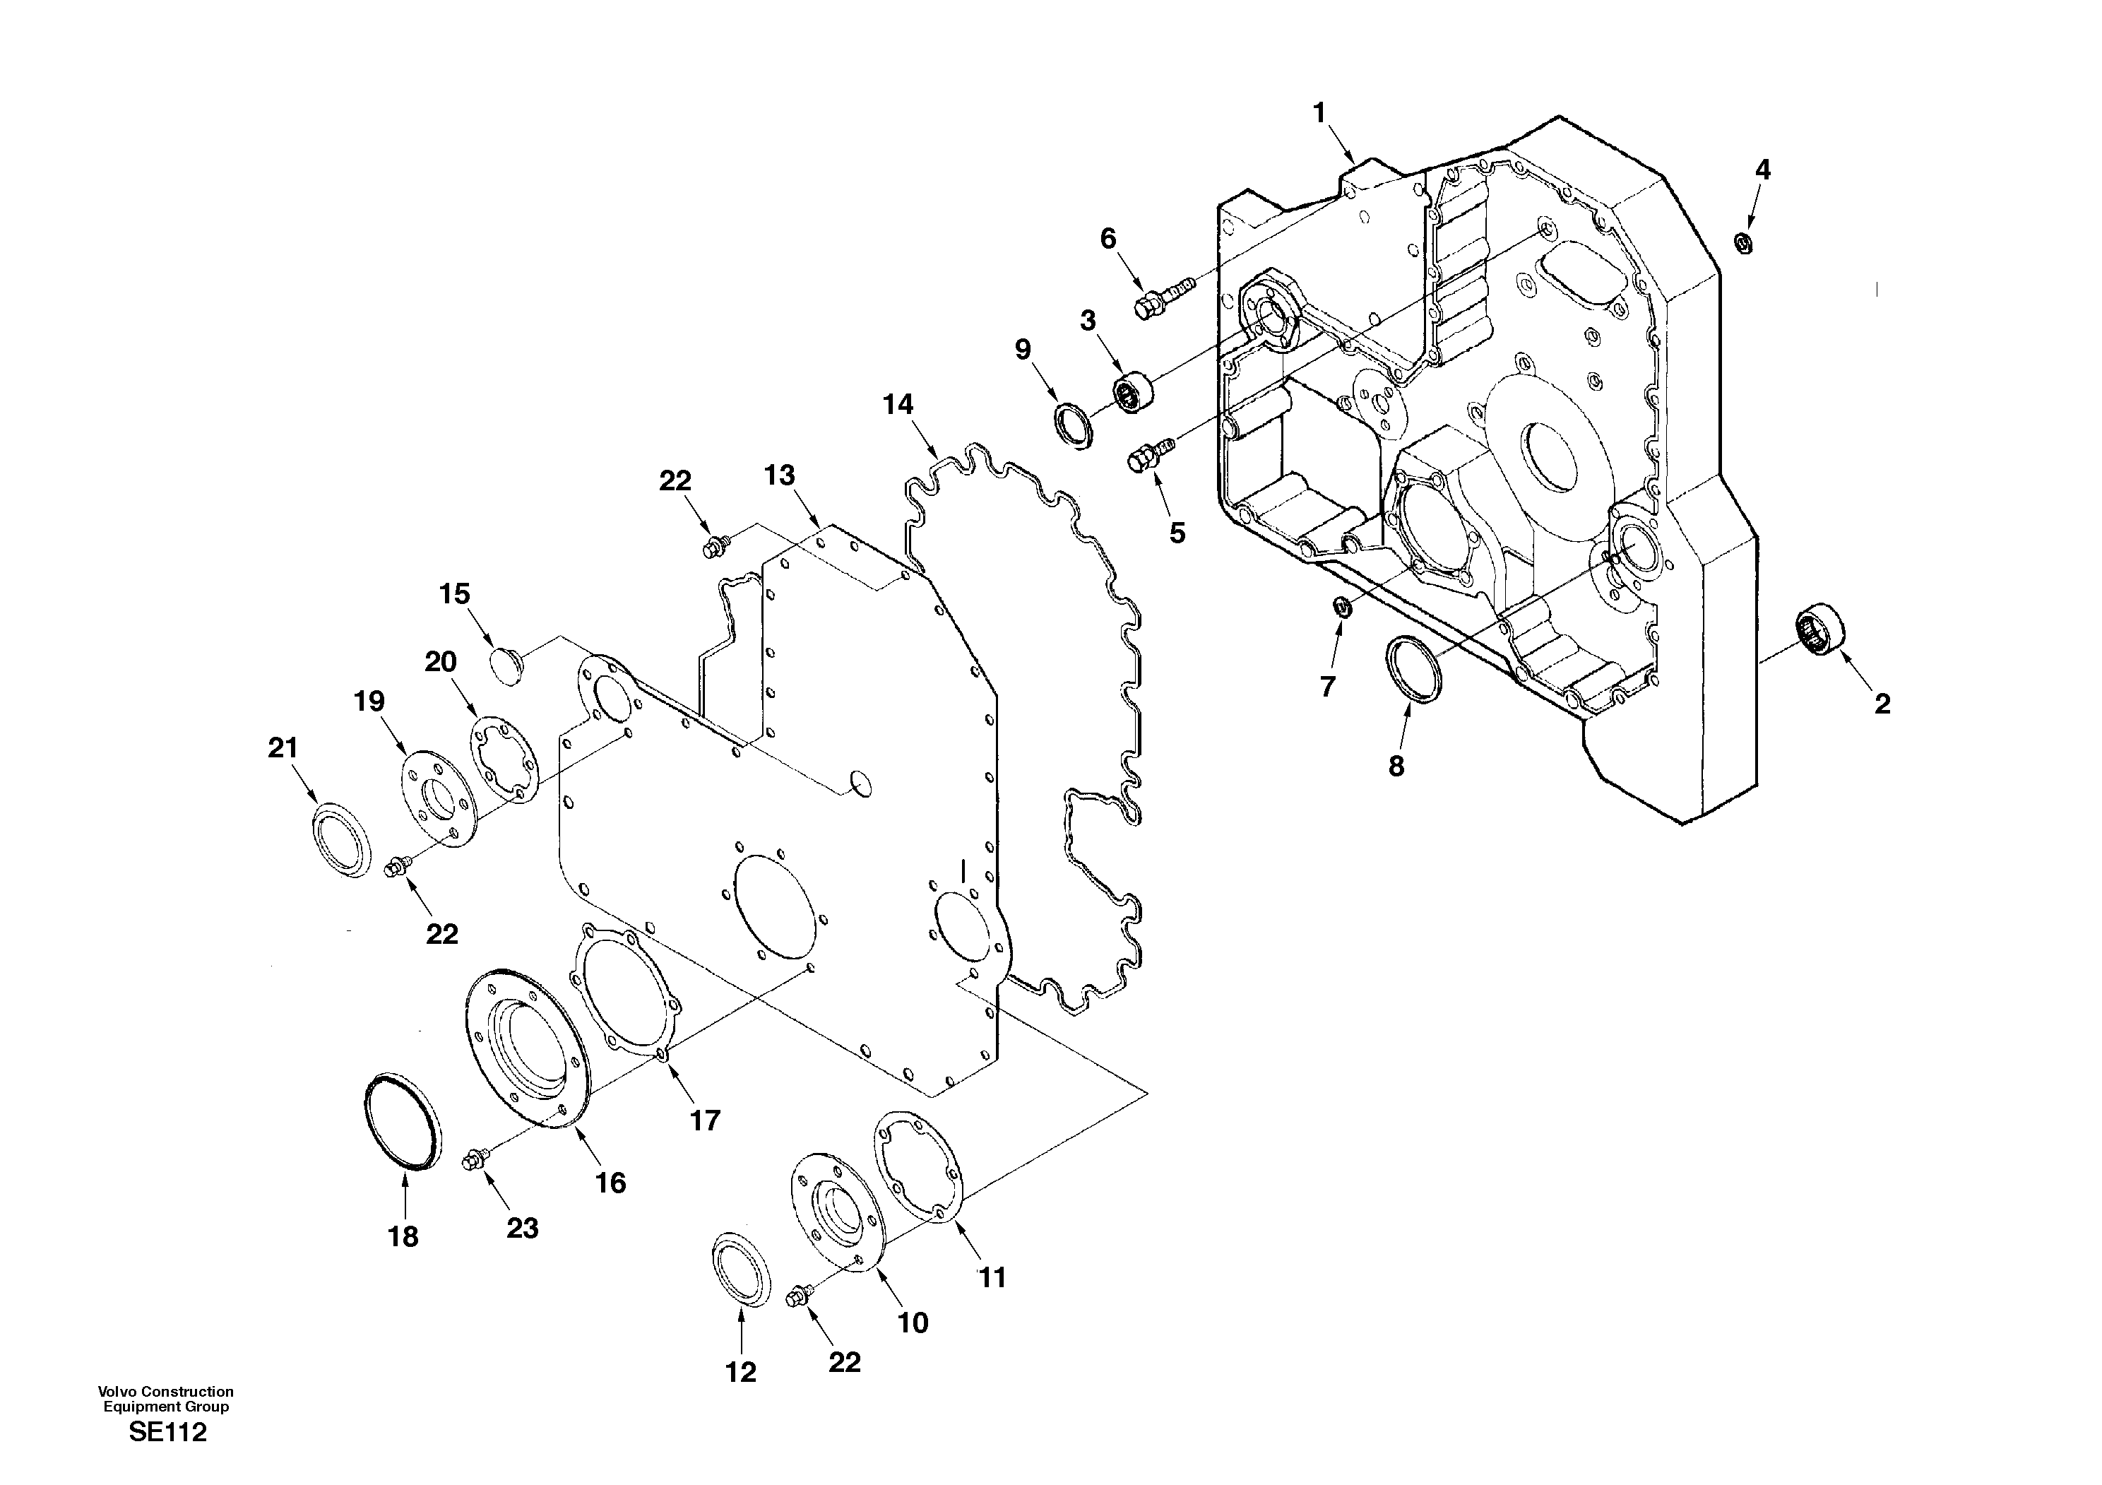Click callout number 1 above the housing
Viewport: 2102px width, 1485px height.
coord(1319,114)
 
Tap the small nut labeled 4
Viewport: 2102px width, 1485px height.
coord(1744,242)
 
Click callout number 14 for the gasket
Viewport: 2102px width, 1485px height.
coord(898,404)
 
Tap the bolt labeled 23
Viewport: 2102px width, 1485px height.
coord(475,1160)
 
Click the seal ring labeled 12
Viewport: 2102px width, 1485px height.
coord(741,1269)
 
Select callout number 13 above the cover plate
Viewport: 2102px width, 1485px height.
coord(780,475)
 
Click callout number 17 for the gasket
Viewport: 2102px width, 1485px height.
coord(705,1120)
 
